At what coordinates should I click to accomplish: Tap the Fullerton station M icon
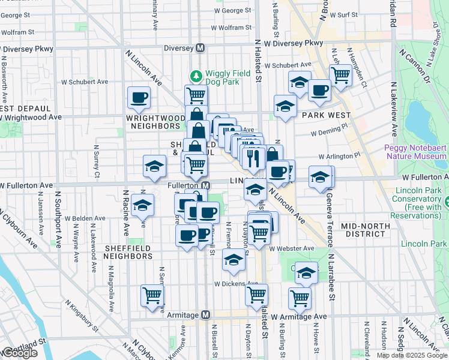point(205,185)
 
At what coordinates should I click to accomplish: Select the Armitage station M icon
point(205,314)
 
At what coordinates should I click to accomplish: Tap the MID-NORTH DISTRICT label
point(365,226)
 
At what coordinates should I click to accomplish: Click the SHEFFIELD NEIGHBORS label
point(128,251)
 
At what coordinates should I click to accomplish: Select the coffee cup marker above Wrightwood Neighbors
point(139,97)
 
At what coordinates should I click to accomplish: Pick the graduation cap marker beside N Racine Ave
point(142,206)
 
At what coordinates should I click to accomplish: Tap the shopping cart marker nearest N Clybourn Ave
point(152,295)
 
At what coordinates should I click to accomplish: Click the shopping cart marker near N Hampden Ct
point(340,75)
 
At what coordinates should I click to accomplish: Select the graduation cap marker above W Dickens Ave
point(234,259)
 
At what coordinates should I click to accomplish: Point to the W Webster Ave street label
point(292,248)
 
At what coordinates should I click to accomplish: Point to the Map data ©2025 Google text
point(411,355)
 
